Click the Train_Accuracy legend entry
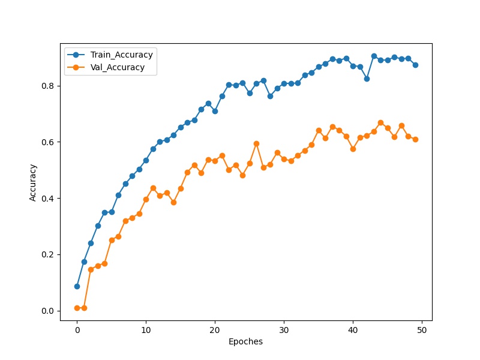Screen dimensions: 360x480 (x=121, y=55)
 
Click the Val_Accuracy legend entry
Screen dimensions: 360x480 (x=117, y=67)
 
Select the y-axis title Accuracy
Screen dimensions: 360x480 (x=34, y=183)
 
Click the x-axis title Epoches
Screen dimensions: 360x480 (x=245, y=342)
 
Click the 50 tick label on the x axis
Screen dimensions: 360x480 (x=422, y=329)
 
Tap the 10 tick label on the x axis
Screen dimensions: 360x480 (x=146, y=329)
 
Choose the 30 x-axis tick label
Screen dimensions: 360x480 (x=284, y=329)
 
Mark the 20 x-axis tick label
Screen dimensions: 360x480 (x=215, y=329)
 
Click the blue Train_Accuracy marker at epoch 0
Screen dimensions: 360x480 (x=77, y=286)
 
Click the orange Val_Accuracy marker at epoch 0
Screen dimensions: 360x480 (x=77, y=308)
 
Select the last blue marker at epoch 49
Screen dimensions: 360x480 (x=415, y=65)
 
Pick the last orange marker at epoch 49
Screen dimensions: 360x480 (x=415, y=139)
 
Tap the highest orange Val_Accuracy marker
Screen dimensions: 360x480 (x=380, y=122)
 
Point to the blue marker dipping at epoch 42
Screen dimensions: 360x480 (x=367, y=79)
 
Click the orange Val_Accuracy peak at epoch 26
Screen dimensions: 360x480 (x=256, y=143)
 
